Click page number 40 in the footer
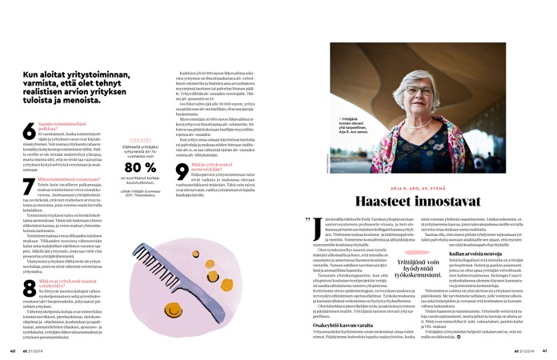pyautogui.click(x=13, y=350)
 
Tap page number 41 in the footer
pyautogui.click(x=544, y=350)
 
